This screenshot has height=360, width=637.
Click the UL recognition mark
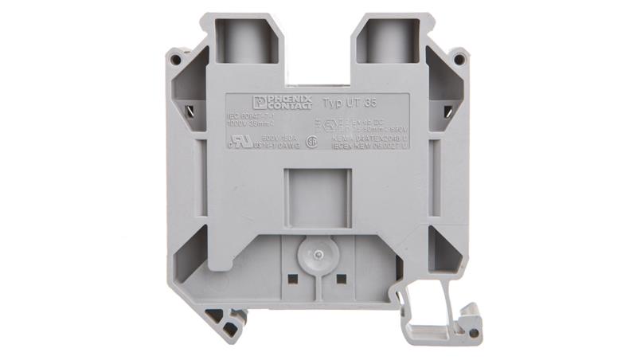click(236, 139)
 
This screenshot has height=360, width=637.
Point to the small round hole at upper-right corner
click(459, 58)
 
